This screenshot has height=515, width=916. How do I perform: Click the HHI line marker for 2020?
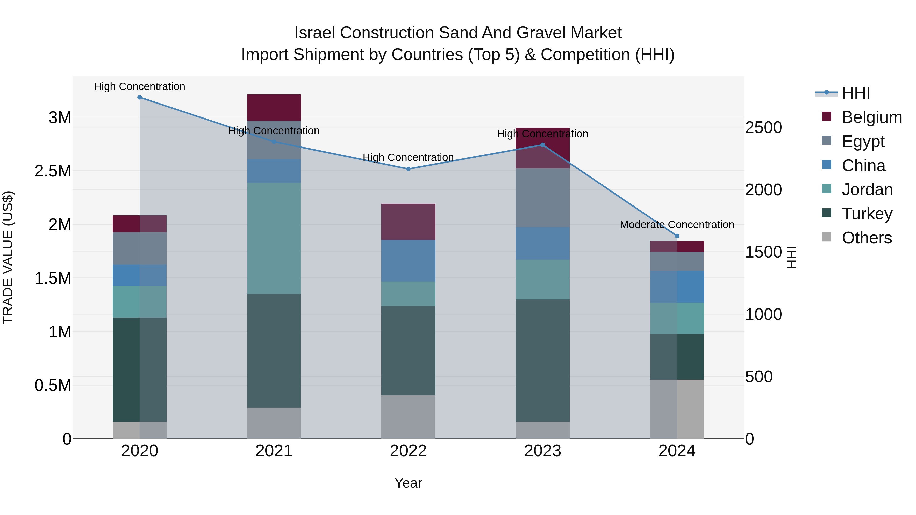point(140,97)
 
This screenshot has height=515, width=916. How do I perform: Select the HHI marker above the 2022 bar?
point(408,169)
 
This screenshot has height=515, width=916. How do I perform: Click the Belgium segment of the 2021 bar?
point(274,108)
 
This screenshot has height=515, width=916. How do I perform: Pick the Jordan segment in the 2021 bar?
point(274,238)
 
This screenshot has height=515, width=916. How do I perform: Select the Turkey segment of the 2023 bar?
point(543,360)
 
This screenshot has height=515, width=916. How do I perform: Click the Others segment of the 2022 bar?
point(408,417)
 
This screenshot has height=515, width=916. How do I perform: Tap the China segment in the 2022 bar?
point(408,260)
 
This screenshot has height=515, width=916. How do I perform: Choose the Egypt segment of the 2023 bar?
point(543,198)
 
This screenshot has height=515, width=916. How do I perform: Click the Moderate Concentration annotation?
point(677,225)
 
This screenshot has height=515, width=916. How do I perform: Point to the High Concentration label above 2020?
point(139,86)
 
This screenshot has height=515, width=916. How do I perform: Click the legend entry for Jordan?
point(867,189)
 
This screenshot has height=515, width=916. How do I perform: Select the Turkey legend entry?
point(867,214)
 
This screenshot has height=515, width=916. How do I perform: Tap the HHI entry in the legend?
point(855,93)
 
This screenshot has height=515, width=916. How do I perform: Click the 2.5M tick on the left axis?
point(53,171)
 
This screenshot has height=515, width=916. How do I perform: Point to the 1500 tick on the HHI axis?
point(763,252)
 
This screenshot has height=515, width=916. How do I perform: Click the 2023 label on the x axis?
point(543,451)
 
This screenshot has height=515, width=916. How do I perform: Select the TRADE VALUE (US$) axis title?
point(8,257)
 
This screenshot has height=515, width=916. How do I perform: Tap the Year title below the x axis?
point(408,483)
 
